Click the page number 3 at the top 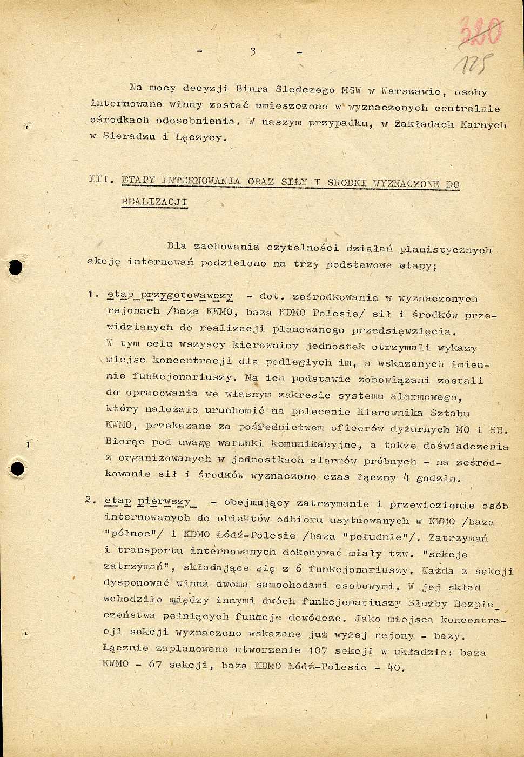(252, 51)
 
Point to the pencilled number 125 (473, 64)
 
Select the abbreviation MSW (351, 90)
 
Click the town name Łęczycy (199, 137)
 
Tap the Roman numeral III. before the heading (101, 179)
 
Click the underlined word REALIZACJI (154, 202)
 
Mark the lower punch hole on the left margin (18, 468)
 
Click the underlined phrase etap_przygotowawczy (170, 296)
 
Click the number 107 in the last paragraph (318, 650)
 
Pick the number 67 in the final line (155, 664)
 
